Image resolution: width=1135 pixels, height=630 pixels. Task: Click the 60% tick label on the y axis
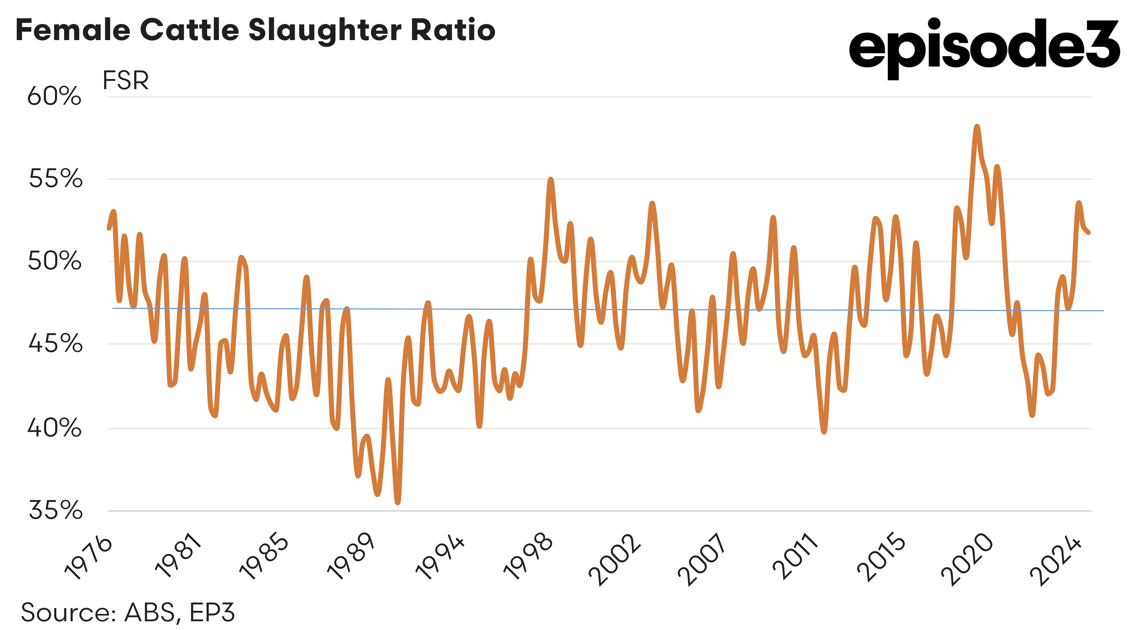54,96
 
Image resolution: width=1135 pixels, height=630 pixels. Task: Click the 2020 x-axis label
967,559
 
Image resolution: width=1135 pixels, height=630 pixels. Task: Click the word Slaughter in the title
325,31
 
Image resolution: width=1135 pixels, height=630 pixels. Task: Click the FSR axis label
126,81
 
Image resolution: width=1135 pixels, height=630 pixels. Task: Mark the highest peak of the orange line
977,127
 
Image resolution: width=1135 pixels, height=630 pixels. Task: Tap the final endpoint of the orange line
1089,232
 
